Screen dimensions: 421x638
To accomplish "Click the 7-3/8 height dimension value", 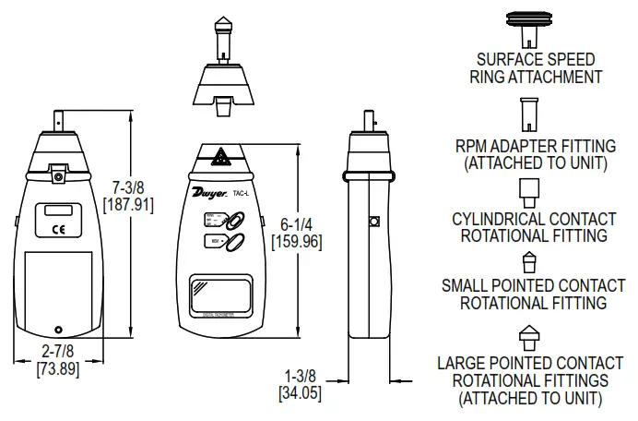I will (x=128, y=184).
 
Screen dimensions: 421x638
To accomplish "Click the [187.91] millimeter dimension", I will (x=128, y=202).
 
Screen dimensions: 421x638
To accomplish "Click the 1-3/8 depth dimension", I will (x=300, y=376).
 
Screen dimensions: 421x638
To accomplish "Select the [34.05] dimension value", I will (x=300, y=393).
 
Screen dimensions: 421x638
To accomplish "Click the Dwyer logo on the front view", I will (x=211, y=193).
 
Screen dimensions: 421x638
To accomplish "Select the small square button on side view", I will (x=373, y=222).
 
